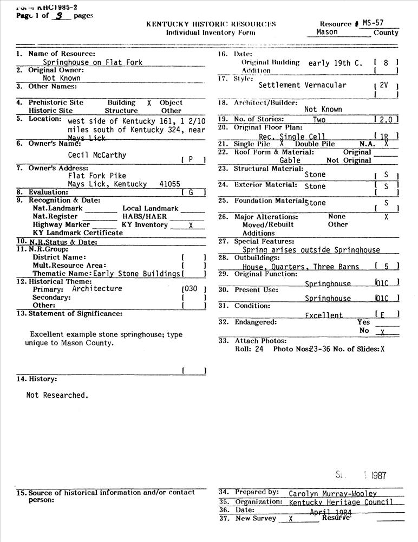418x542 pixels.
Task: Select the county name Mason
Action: coord(327,32)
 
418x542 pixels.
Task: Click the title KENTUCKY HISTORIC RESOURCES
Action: coord(211,24)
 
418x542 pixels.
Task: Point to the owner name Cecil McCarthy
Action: coord(97,155)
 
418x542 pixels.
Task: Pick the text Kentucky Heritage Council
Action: coord(341,502)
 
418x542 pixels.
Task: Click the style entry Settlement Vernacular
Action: coord(302,85)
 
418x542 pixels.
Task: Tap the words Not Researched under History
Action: coord(56,395)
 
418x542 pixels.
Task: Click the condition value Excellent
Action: coord(324,315)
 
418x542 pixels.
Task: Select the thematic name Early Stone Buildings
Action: coord(136,274)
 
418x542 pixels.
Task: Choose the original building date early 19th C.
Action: coord(335,63)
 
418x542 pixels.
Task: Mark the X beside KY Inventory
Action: coord(190,225)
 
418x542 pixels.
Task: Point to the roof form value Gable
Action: coord(290,160)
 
